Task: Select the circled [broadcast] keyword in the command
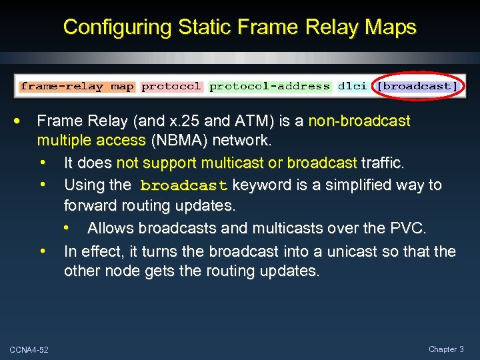[x=417, y=86]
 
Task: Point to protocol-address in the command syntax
[x=270, y=86]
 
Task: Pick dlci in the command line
[x=351, y=86]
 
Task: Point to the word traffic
[x=385, y=163]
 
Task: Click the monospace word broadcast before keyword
[x=184, y=185]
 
